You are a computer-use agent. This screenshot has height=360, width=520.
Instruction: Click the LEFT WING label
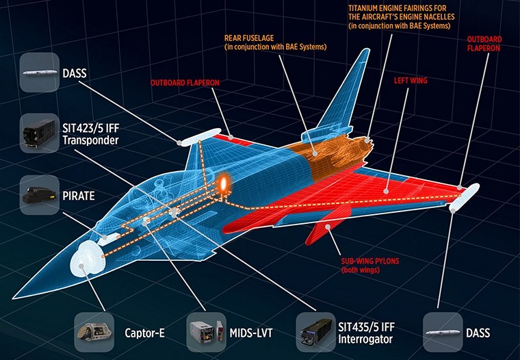pyautogui.click(x=410, y=80)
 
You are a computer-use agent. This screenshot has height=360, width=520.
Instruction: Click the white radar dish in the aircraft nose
pyautogui.click(x=86, y=259)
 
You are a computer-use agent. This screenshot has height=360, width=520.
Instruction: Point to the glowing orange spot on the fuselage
pyautogui.click(x=224, y=183)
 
